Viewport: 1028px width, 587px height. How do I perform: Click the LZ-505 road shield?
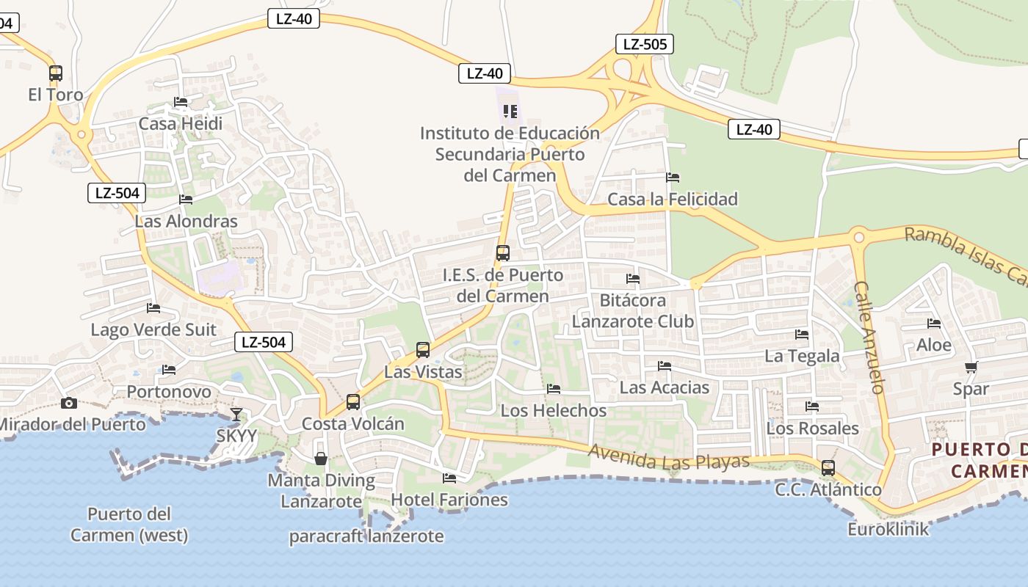tap(645, 44)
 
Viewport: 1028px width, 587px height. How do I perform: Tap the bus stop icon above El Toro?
tap(56, 73)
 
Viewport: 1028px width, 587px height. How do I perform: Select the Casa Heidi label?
tap(181, 123)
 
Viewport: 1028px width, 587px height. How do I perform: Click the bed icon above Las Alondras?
tap(186, 199)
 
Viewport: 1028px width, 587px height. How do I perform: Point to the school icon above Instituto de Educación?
tap(510, 112)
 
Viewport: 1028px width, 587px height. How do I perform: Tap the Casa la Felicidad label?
tap(673, 199)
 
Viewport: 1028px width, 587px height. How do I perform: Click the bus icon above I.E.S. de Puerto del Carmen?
tap(503, 253)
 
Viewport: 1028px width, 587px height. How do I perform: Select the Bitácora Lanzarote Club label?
tap(633, 310)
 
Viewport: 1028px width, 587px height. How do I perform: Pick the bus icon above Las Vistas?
tap(423, 350)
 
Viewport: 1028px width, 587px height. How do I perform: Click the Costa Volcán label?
tap(353, 423)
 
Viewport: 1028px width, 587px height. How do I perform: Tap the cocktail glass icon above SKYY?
tap(236, 415)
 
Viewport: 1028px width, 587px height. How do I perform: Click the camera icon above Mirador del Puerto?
tap(69, 403)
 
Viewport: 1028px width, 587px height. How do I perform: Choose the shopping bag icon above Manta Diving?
tap(321, 459)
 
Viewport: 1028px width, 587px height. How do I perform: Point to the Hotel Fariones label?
tap(449, 500)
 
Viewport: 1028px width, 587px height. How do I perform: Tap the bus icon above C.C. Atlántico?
tap(828, 468)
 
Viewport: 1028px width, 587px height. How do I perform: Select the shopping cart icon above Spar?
tap(971, 367)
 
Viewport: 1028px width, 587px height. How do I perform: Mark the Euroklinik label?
tap(888, 529)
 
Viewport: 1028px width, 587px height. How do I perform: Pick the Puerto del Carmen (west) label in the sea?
tap(129, 524)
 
